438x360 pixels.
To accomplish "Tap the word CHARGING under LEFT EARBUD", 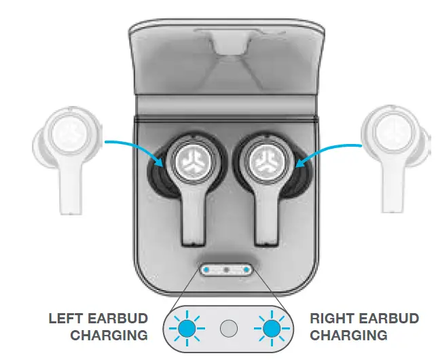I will (109, 335).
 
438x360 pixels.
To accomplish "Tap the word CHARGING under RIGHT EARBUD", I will (348, 335).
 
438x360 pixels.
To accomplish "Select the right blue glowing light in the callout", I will (272, 329).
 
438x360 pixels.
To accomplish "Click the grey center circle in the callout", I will (229, 329).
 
